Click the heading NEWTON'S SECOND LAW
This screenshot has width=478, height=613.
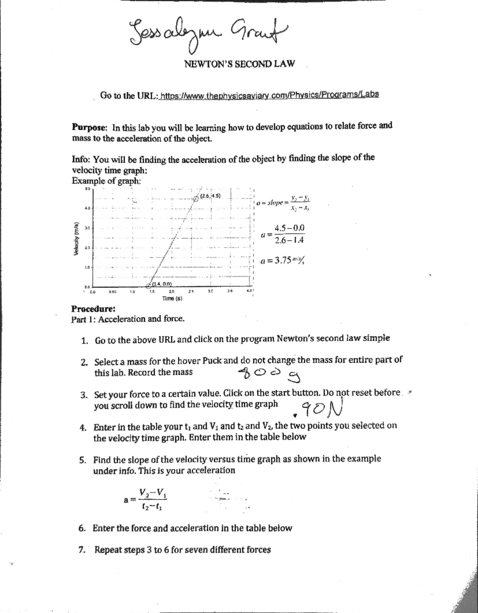tap(239, 64)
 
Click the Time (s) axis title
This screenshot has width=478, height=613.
tap(172, 298)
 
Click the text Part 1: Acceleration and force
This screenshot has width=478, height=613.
tap(127, 319)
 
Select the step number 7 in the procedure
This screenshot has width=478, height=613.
tap(82, 550)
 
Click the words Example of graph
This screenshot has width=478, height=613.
tap(106, 180)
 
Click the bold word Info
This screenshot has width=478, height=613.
tap(81, 159)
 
